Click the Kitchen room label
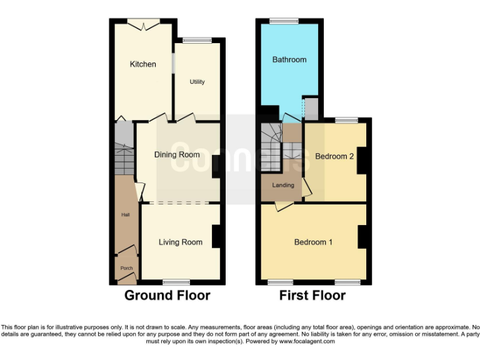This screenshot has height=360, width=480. click(142, 64)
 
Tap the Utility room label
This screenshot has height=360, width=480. click(197, 82)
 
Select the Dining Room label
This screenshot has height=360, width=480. click(177, 154)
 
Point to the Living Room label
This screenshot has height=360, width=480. click(180, 242)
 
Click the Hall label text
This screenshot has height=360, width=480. click(125, 215)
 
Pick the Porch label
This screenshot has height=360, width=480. click(126, 268)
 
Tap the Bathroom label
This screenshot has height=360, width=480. click(289, 59)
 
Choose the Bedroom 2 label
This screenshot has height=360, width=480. click(334, 156)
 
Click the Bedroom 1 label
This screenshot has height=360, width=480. click(313, 242)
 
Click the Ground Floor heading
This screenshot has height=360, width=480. click(167, 295)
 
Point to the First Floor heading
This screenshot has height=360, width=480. click(312, 295)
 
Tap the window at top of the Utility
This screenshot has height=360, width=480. click(197, 41)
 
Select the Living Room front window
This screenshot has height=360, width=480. click(176, 281)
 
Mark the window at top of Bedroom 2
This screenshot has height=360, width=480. click(346, 120)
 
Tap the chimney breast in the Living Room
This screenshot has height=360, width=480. click(217, 236)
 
